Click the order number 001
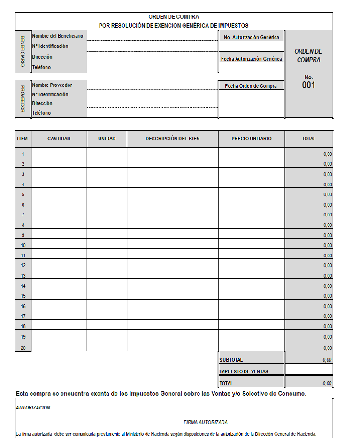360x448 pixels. (x=309, y=85)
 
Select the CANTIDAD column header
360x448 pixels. (x=59, y=139)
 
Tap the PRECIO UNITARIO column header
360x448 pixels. (x=252, y=139)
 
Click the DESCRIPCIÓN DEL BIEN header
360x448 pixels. (x=172, y=139)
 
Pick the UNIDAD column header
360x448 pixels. (x=107, y=139)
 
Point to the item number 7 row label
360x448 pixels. (x=23, y=215)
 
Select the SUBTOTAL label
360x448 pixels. (x=231, y=360)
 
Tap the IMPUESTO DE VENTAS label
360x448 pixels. (x=244, y=371)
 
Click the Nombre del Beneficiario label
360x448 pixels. (x=57, y=36)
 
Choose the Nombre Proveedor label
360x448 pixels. (x=52, y=85)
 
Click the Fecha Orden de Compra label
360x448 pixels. (x=251, y=86)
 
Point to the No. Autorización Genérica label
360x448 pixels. (x=252, y=37)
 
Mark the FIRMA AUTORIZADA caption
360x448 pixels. (x=206, y=422)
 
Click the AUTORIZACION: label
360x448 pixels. (x=34, y=408)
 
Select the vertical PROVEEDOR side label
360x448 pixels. (x=23, y=99)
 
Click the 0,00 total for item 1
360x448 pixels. (x=328, y=154)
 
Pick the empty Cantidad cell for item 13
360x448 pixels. (x=59, y=275)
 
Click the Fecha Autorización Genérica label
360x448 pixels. (x=252, y=59)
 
